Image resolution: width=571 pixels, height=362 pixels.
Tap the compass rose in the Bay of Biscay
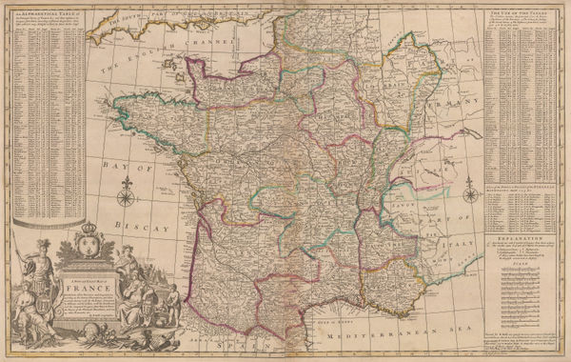pos(123,198)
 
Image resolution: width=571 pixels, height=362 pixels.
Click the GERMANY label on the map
pos(455,100)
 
